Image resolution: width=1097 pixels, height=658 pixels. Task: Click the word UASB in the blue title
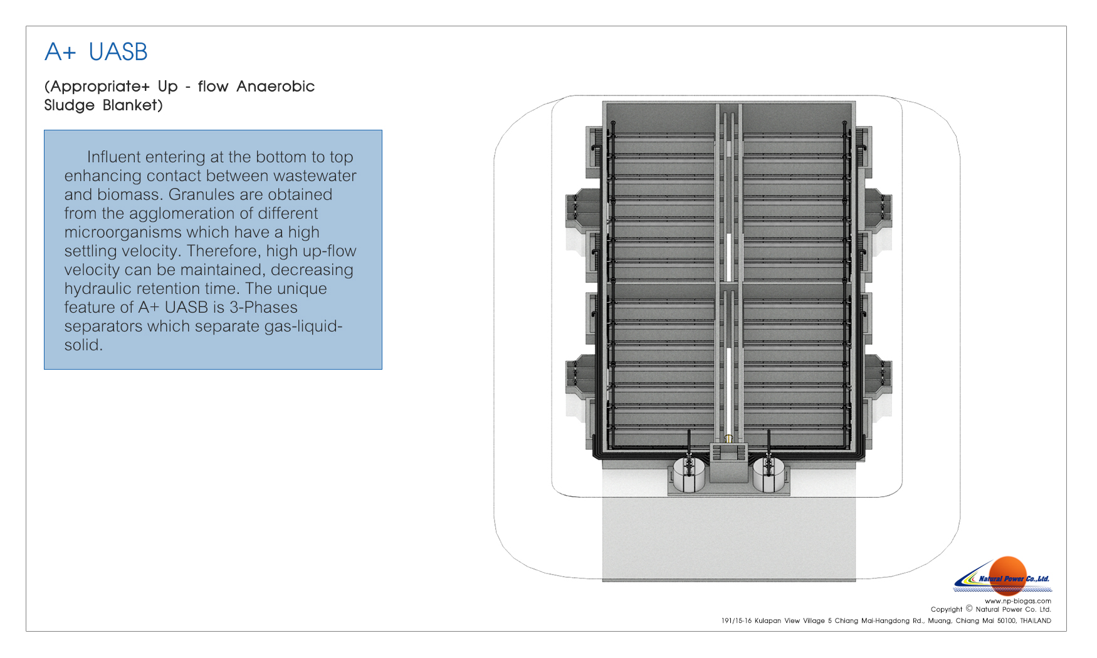118,52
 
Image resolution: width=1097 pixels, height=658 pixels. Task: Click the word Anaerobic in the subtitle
275,86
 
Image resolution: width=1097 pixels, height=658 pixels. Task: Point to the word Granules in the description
199,195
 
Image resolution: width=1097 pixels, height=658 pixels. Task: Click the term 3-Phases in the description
263,307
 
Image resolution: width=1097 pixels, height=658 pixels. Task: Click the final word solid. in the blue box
83,345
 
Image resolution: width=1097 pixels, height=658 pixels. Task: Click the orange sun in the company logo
1007,573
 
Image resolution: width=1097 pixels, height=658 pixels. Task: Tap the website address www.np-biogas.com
1018,601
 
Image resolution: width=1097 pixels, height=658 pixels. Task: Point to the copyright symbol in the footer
969,608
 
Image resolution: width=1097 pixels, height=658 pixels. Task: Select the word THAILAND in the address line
1036,621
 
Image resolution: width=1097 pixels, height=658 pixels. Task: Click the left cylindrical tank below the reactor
689,474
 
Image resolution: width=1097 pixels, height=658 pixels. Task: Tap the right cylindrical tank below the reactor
769,474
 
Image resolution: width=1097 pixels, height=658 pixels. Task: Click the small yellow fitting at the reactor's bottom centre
728,439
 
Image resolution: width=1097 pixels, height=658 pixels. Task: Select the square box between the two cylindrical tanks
729,463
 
